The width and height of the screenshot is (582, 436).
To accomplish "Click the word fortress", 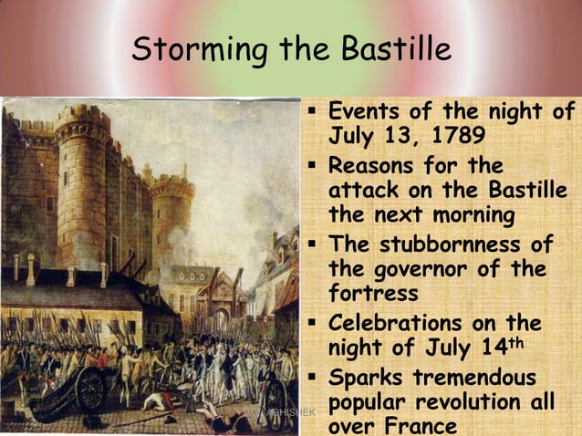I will (x=373, y=295).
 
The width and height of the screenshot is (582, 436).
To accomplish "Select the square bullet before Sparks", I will (x=313, y=377).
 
